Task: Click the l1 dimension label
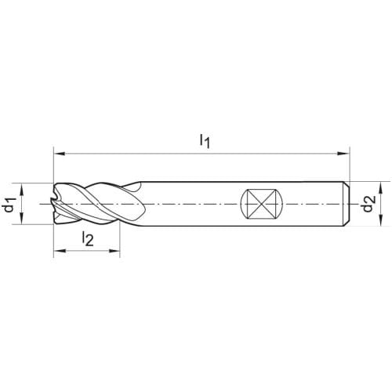pos(205,141)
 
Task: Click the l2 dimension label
pos(88,238)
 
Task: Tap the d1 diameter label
pos(9,205)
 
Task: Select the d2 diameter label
pos(368,204)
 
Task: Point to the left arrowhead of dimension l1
pos(59,154)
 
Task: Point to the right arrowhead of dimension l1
pos(343,154)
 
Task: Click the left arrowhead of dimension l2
pos(59,251)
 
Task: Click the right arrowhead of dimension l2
pos(114,251)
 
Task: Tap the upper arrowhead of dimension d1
pos(22,189)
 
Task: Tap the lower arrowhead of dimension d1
pos(22,218)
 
